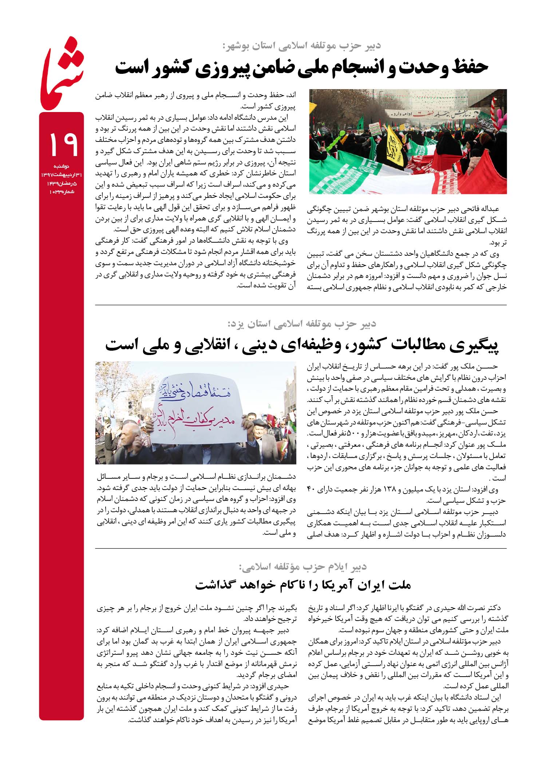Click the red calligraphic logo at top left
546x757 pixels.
62,73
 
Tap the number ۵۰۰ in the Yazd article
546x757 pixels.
353,434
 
